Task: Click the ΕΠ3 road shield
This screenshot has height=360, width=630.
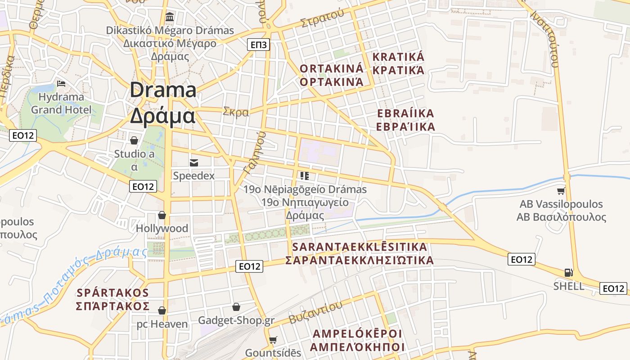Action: (x=258, y=44)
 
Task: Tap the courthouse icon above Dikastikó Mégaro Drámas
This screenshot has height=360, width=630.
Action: (x=170, y=17)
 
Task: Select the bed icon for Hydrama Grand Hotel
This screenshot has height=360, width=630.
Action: (x=61, y=84)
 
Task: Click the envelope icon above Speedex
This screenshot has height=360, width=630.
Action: (x=194, y=162)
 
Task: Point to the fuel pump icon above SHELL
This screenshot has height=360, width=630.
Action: (x=569, y=272)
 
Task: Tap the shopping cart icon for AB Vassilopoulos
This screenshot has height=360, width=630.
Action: (x=561, y=191)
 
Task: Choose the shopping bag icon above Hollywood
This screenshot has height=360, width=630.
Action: (x=162, y=215)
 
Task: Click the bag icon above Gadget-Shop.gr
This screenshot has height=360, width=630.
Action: (x=236, y=307)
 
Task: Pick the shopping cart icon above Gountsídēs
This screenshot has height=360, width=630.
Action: (x=273, y=340)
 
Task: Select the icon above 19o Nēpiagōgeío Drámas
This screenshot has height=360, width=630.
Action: (x=305, y=175)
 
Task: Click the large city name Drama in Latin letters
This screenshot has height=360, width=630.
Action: (x=163, y=90)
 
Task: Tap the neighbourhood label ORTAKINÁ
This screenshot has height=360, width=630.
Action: (x=331, y=68)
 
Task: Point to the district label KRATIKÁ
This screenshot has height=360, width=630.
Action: (x=398, y=57)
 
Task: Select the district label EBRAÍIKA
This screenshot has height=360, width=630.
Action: (x=405, y=113)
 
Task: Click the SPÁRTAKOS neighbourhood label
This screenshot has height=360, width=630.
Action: (x=112, y=292)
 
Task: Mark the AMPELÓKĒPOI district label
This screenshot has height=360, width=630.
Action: (x=357, y=333)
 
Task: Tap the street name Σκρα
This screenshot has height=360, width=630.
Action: (x=236, y=112)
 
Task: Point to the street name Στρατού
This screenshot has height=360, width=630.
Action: (x=322, y=18)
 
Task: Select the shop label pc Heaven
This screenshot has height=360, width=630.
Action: (x=162, y=324)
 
